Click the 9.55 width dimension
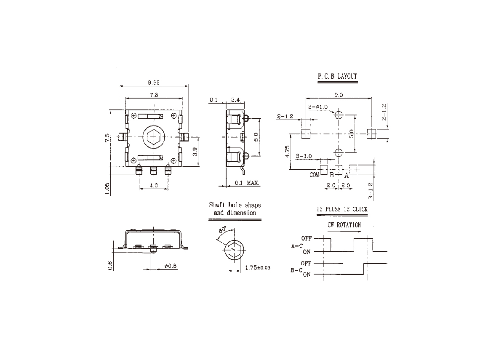pos(154,83)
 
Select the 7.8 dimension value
pos(154,95)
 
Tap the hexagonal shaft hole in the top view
pos(153,136)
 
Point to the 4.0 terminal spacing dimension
pos(153,185)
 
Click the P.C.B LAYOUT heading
pos(337,76)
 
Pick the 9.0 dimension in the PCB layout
pos(339,95)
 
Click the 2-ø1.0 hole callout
pos(318,107)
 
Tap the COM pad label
pos(314,175)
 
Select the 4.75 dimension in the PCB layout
pos(287,152)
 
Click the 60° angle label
pos(222,230)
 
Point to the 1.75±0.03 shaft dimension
pos(258,268)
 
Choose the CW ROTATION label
pos(344,225)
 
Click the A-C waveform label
pos(297,246)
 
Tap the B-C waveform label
pos(296,270)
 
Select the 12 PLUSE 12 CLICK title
pos(342,209)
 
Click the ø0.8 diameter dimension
pos(171,266)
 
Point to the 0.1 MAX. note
pos(247,183)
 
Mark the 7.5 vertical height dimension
pos(107,138)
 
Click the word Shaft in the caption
pos(217,205)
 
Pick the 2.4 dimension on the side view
pos(235,100)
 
